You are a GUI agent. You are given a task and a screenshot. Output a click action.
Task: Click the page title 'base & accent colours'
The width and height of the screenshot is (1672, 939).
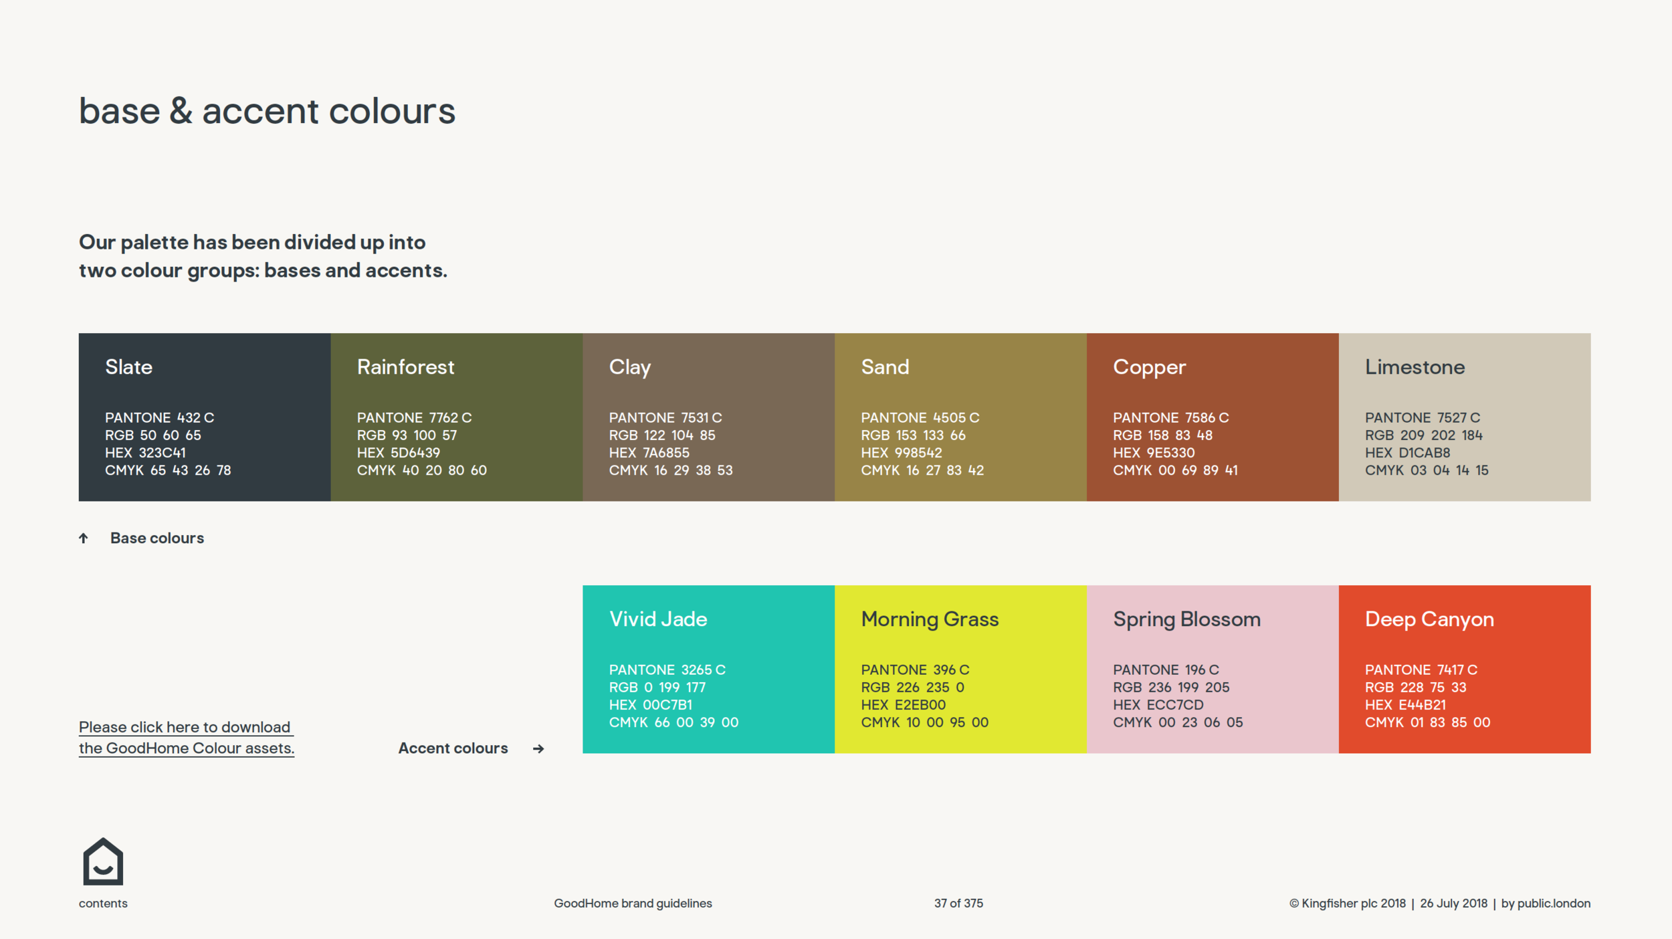click(267, 111)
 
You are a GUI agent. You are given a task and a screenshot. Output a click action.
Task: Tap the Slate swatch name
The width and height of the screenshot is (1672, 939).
click(128, 367)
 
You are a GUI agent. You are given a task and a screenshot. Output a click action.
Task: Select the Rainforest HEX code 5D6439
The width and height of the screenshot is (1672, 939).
click(398, 453)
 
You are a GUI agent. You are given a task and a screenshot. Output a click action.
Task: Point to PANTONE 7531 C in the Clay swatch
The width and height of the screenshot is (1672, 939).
click(665, 418)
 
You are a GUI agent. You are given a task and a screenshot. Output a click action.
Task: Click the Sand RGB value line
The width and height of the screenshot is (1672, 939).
click(913, 435)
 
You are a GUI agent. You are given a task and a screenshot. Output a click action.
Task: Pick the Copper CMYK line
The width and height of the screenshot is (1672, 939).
click(1174, 470)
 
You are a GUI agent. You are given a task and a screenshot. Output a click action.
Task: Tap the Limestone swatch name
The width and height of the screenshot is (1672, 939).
click(1415, 367)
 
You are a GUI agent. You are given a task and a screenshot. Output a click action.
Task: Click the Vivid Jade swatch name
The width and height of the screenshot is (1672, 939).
click(657, 619)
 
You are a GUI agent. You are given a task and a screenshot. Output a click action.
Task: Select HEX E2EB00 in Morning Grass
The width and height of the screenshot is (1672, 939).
click(903, 705)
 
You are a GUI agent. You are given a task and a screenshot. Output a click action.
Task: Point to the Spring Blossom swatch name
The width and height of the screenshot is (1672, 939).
click(1186, 619)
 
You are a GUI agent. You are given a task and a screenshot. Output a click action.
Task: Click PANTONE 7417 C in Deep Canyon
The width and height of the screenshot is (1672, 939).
click(1421, 670)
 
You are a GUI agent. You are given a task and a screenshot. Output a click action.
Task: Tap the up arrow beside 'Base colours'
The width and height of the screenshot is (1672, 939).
click(84, 538)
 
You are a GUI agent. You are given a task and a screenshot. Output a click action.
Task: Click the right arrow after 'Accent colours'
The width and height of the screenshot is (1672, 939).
click(538, 749)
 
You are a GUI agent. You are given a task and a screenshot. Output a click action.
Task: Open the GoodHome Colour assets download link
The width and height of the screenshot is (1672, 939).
click(186, 738)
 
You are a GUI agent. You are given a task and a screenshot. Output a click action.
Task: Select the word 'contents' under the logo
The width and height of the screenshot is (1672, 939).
click(103, 904)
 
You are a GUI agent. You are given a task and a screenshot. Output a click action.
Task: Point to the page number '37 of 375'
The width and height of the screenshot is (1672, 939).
click(958, 904)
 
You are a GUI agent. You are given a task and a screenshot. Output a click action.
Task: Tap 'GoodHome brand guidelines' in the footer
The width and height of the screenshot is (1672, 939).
click(633, 904)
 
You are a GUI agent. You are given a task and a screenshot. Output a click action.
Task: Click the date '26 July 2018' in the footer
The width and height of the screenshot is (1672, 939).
click(1453, 904)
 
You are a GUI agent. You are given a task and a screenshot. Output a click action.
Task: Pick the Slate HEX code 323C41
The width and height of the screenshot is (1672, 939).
click(145, 453)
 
